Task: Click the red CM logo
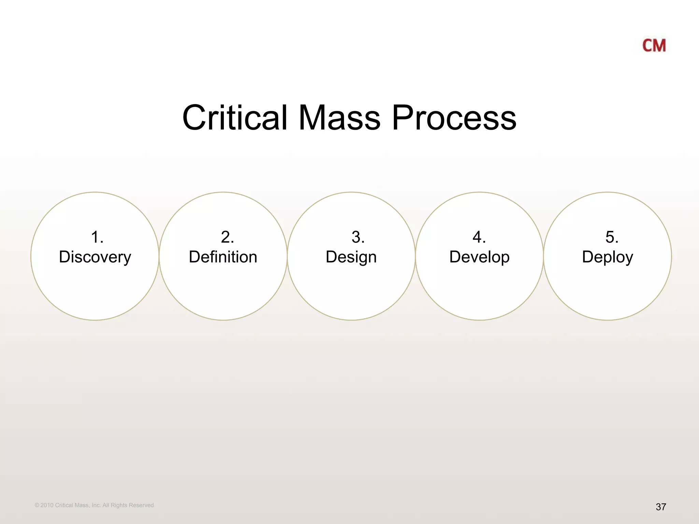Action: click(654, 46)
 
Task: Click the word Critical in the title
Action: click(235, 118)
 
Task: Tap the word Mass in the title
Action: click(339, 118)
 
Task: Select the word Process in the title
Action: click(454, 118)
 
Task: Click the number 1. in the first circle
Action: click(97, 237)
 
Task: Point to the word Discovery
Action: click(95, 257)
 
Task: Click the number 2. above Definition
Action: click(227, 237)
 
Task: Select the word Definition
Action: click(223, 257)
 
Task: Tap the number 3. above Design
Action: click(358, 237)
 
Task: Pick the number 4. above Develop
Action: click(479, 237)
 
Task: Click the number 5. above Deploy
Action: click(612, 237)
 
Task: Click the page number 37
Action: click(661, 507)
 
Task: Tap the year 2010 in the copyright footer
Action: click(47, 505)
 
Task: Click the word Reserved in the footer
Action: click(141, 505)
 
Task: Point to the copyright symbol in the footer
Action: click(37, 505)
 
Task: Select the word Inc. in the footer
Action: click(96, 505)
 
